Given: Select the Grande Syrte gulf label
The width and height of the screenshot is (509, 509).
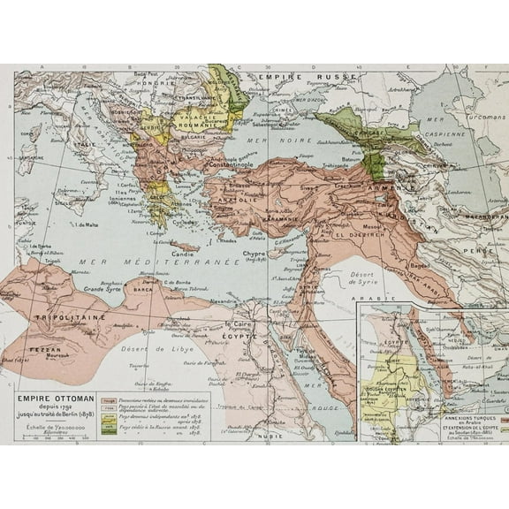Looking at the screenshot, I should point(100,289).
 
